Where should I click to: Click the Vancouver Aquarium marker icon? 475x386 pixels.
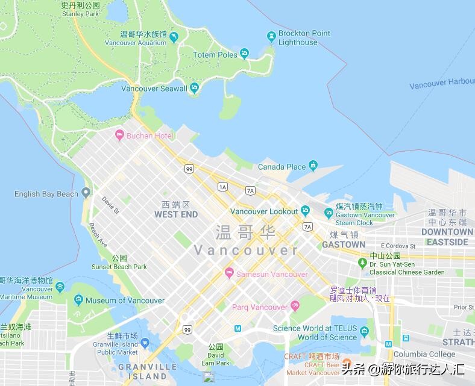click(174, 38)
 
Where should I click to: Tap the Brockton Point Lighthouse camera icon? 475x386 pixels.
click(271, 37)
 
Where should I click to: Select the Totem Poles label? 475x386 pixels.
click(215, 55)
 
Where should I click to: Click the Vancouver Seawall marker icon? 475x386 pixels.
click(194, 89)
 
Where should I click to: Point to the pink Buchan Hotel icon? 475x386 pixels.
click(119, 135)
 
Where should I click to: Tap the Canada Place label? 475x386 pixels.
click(282, 167)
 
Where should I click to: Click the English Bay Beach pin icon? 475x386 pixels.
click(86, 193)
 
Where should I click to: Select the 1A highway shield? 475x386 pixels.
click(223, 187)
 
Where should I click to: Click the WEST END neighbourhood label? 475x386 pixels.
click(176, 214)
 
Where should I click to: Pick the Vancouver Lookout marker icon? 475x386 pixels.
click(306, 211)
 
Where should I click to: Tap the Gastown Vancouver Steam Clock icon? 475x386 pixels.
click(329, 213)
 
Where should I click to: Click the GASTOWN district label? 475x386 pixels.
click(344, 245)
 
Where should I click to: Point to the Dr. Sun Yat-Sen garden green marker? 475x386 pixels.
click(362, 263)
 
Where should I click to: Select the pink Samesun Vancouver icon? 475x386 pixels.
click(228, 274)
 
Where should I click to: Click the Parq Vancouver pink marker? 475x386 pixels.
click(295, 307)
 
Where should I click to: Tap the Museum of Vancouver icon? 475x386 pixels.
click(78, 300)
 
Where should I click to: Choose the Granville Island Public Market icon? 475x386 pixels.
click(145, 344)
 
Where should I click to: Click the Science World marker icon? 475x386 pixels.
click(364, 332)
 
